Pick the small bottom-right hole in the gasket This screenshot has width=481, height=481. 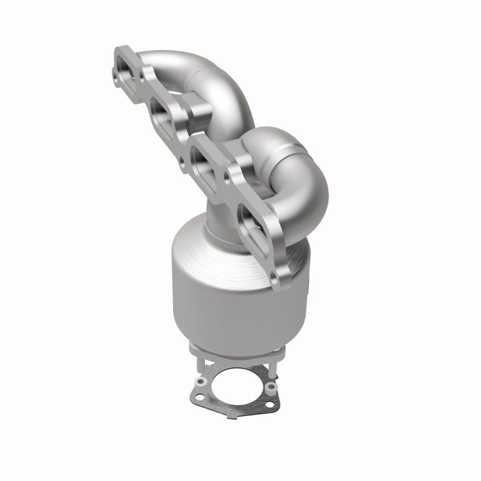[271, 386]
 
